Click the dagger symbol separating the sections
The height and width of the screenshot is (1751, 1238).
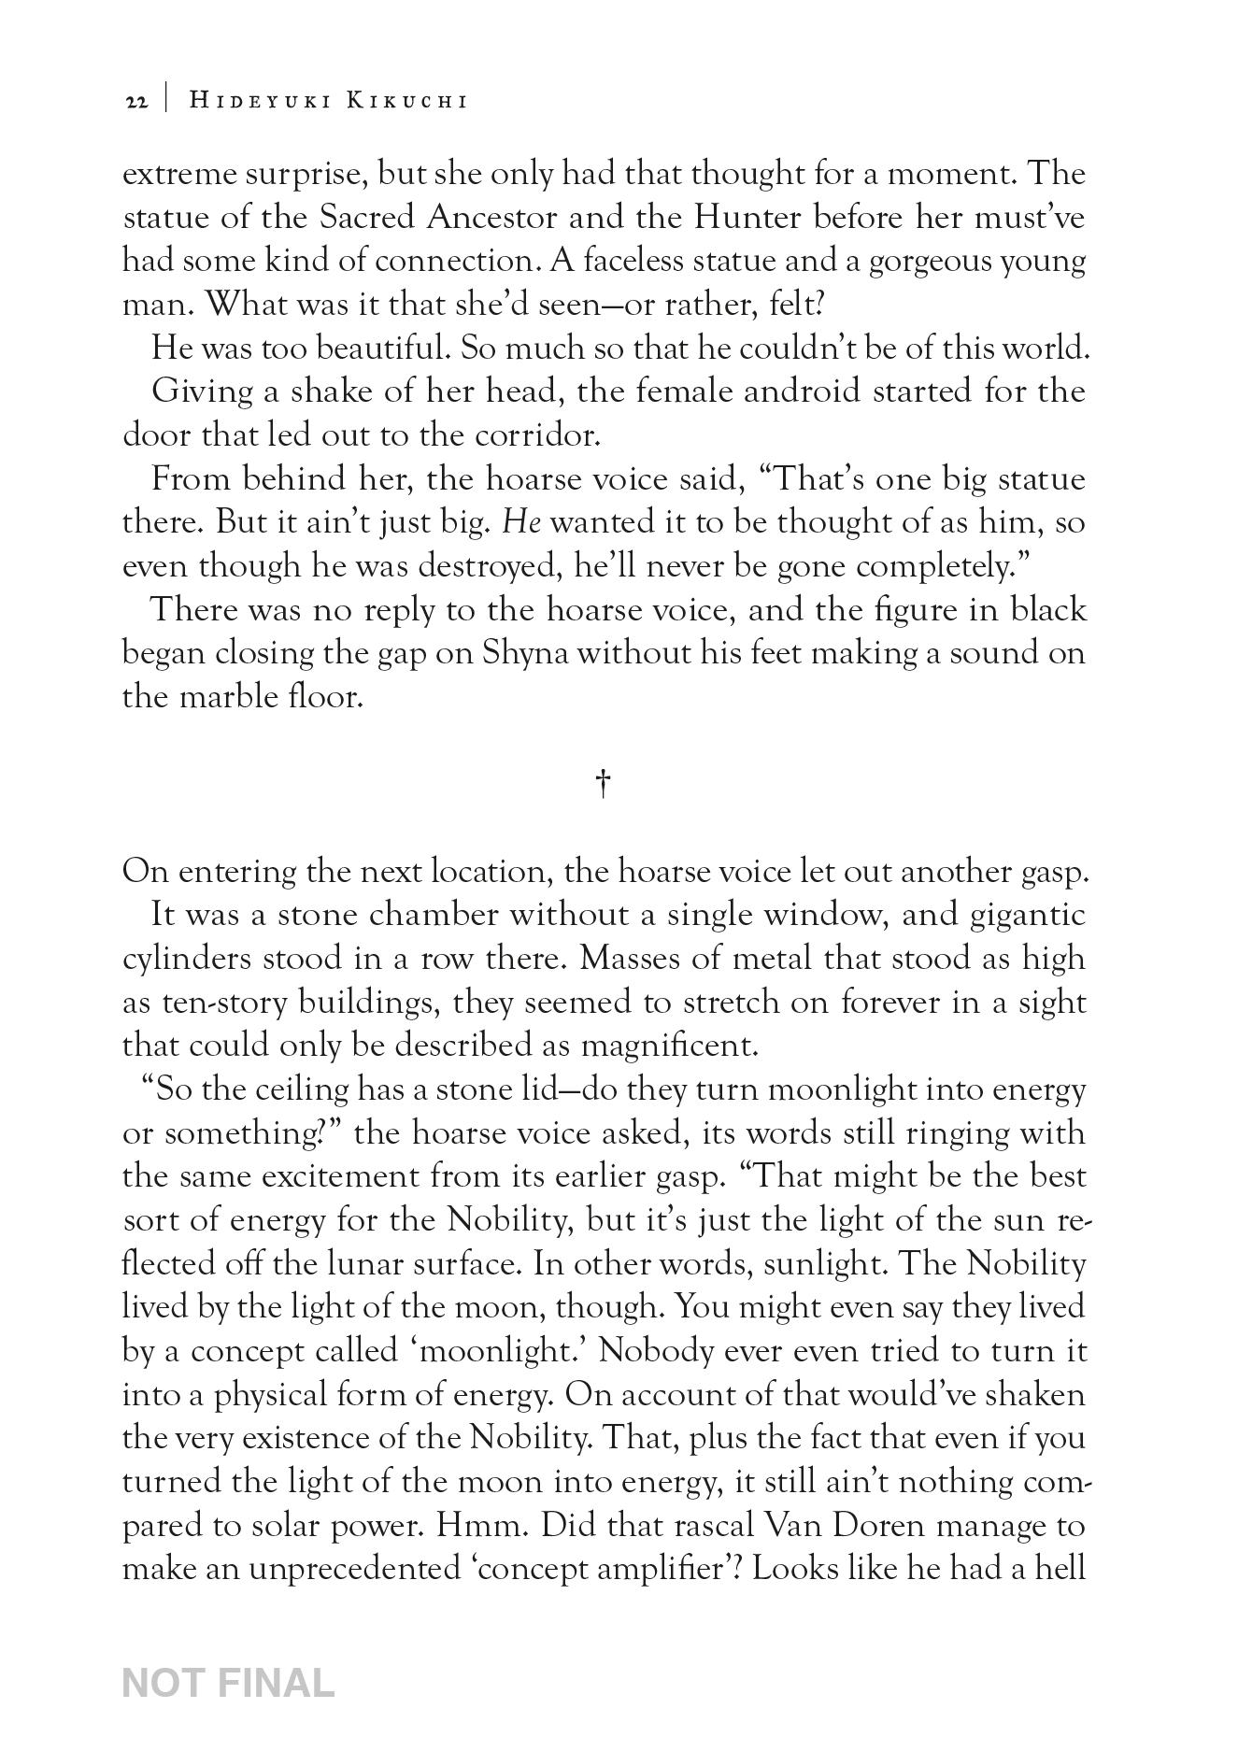coord(604,784)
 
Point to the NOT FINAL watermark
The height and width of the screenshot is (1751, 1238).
coord(228,1683)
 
